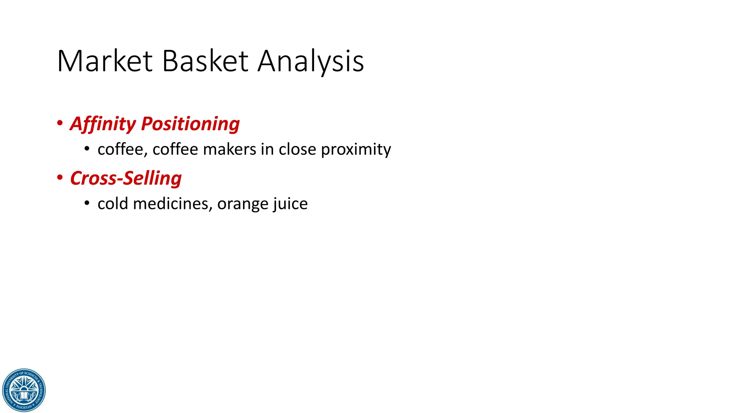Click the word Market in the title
(105, 61)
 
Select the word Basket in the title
(205, 61)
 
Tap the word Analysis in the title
(311, 62)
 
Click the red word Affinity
(103, 124)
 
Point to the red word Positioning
(190, 124)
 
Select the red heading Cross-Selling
(126, 178)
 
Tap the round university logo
(24, 390)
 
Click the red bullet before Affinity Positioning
(60, 123)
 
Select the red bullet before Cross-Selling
(60, 177)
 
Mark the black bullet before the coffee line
(87, 149)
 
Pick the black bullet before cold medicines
(87, 203)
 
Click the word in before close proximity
(267, 149)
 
